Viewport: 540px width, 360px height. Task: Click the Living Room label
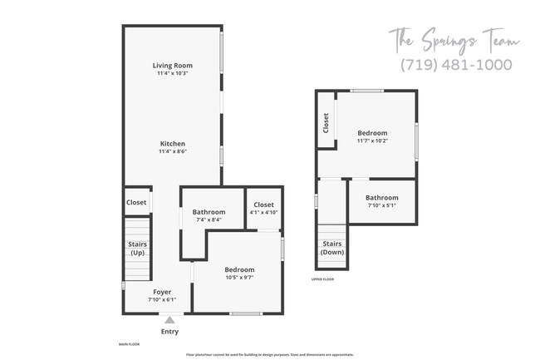point(173,65)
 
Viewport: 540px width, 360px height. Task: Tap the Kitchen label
point(173,143)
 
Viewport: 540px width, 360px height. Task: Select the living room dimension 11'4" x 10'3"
point(173,74)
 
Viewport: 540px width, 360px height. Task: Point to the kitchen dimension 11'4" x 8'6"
point(173,152)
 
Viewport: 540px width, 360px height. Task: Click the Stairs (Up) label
point(137,248)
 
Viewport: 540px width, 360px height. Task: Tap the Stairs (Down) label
point(333,248)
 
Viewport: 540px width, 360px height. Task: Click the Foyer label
point(162,291)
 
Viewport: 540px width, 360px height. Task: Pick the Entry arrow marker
point(169,318)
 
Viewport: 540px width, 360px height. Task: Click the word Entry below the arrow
point(169,332)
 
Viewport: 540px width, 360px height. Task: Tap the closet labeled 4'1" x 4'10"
point(263,213)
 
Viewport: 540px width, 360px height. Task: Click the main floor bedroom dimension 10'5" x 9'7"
point(239,278)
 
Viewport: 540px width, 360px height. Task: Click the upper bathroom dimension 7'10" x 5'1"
point(382,205)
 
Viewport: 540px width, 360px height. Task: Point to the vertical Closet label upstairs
point(326,123)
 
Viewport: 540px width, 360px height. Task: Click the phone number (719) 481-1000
point(455,65)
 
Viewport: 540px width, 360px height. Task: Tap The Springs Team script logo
point(455,40)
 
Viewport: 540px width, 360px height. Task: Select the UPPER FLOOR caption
point(322,279)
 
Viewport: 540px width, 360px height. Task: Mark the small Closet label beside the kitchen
point(136,202)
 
